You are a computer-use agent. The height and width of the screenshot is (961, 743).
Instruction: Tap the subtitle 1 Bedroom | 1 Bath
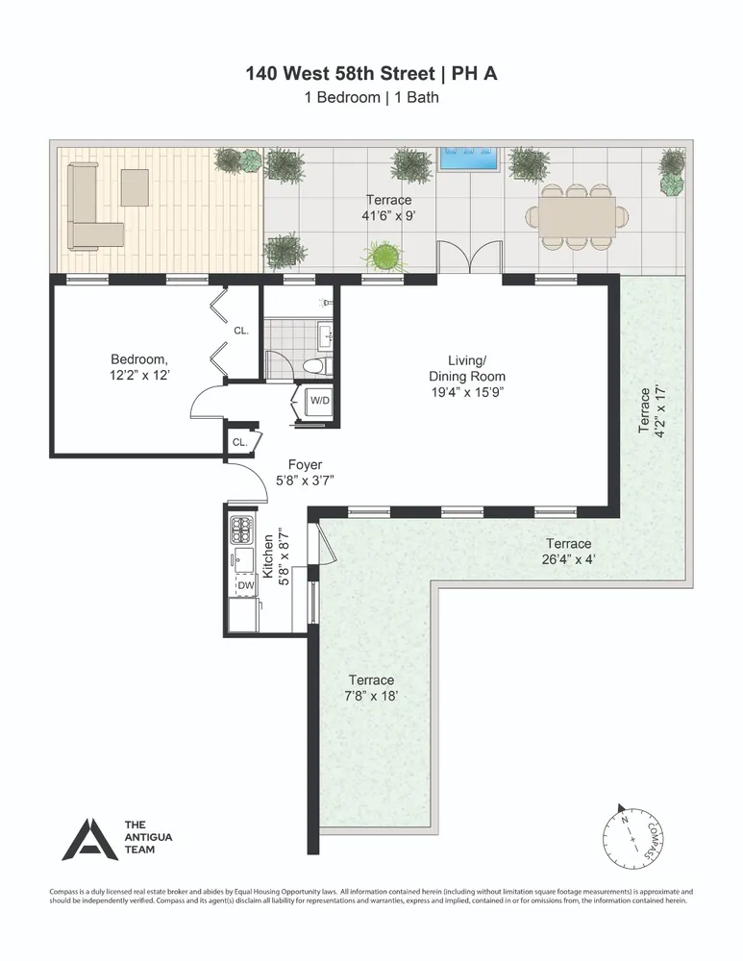pos(371,97)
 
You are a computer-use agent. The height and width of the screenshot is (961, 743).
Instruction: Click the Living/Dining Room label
pos(467,376)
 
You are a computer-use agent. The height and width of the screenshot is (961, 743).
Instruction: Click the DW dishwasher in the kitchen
pos(245,584)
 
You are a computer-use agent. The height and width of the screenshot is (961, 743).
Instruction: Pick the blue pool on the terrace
pos(470,159)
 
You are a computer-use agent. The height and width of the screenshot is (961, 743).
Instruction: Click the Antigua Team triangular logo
pos(89,839)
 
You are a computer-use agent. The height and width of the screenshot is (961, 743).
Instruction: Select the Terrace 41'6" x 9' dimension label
pos(388,209)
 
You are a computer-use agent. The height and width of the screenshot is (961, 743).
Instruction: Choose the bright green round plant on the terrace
pos(383,257)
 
